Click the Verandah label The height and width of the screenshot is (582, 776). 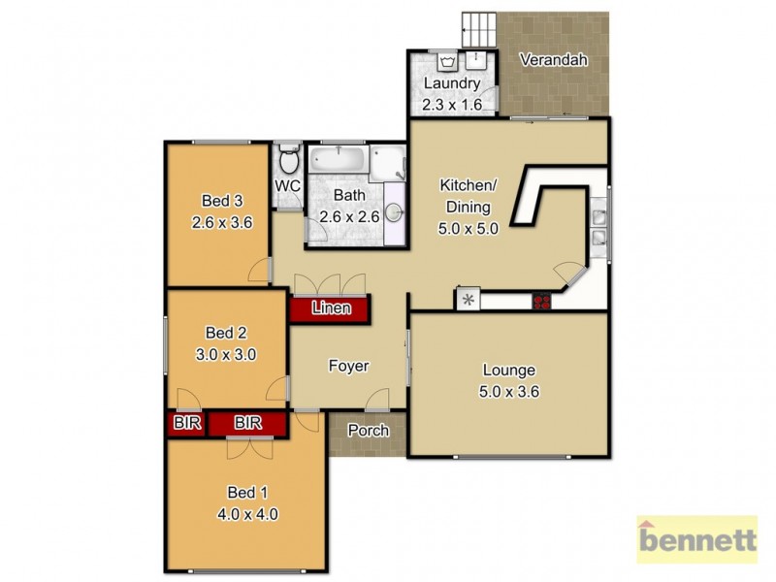tap(554, 60)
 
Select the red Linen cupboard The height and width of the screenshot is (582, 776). tap(330, 309)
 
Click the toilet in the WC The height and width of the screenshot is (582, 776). tap(287, 159)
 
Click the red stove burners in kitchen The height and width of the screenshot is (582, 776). tap(540, 301)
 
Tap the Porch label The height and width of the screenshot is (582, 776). tap(368, 431)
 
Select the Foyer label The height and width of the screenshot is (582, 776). tap(348, 366)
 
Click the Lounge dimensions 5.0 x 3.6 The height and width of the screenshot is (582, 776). tap(508, 393)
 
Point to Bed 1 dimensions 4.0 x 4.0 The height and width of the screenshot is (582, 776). tap(249, 515)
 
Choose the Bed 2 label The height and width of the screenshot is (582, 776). tap(226, 336)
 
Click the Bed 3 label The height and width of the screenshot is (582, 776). tap(222, 202)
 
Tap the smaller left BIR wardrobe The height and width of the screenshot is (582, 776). tap(184, 423)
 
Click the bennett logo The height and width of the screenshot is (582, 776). tap(695, 539)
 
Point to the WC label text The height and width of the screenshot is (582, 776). tap(287, 185)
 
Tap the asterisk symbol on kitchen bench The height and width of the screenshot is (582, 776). tap(468, 301)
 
